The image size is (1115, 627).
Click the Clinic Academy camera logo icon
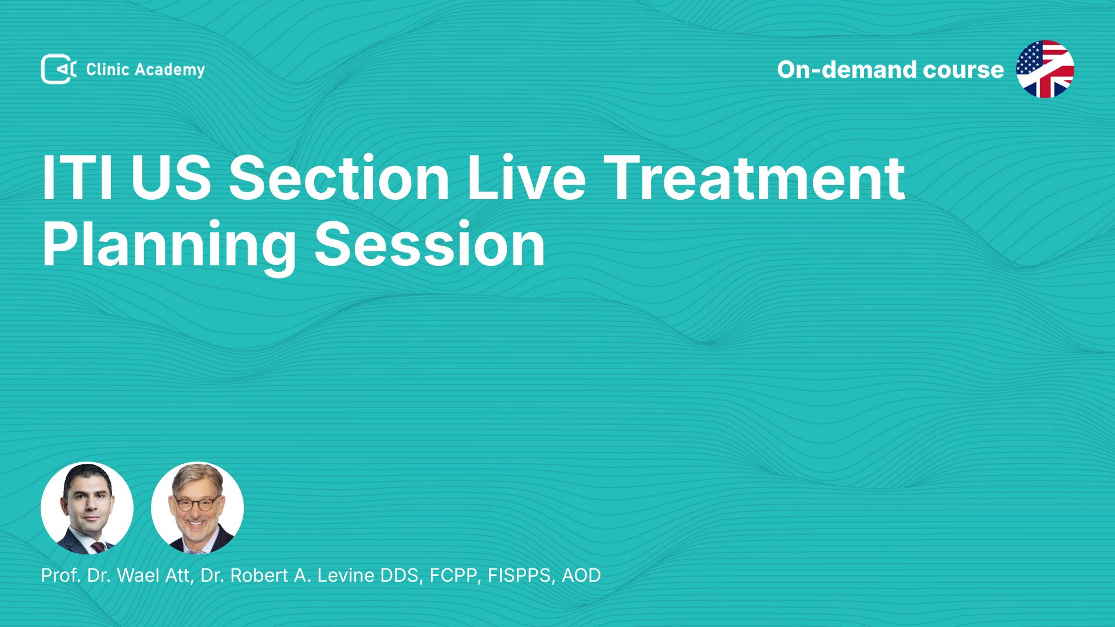(59, 69)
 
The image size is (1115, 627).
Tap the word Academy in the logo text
(170, 70)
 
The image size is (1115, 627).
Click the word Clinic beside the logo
(107, 69)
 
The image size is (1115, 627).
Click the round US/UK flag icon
(1045, 69)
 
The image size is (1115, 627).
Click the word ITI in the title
(77, 178)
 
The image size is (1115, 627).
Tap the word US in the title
(171, 178)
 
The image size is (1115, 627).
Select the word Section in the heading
(339, 178)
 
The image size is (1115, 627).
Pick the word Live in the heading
(526, 178)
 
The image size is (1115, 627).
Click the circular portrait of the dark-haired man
(87, 508)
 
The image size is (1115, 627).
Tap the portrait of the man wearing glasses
(197, 508)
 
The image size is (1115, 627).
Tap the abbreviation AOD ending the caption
(581, 575)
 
